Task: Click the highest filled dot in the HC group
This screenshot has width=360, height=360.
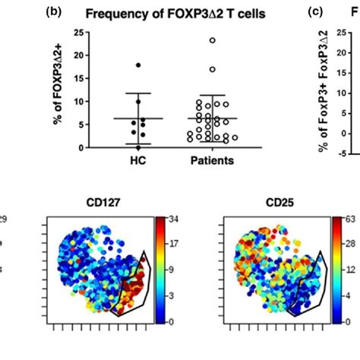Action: pos(137,65)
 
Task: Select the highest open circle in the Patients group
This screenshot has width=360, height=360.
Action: pos(213,40)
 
